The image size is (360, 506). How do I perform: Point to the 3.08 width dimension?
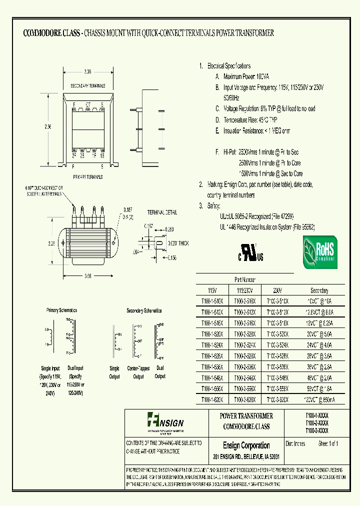click(x=88, y=72)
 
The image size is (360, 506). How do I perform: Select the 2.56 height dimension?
click(x=47, y=127)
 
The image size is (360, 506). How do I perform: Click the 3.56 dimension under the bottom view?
click(x=88, y=275)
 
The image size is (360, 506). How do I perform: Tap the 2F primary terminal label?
click(x=74, y=155)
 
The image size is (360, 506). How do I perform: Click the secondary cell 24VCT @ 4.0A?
click(x=319, y=345)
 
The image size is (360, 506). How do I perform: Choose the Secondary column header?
click(x=319, y=290)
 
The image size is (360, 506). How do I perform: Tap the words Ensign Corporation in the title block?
click(x=246, y=445)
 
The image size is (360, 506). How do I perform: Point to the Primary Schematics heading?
click(x=62, y=310)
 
